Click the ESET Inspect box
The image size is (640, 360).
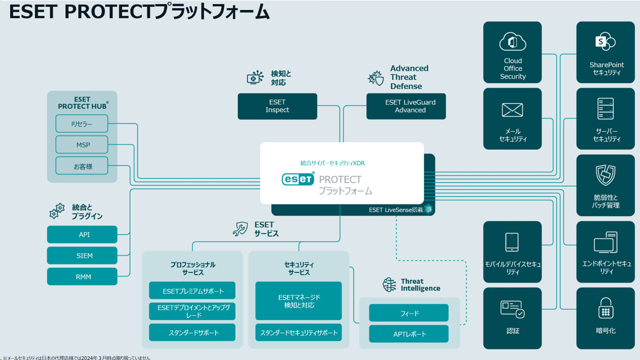[x=277, y=106]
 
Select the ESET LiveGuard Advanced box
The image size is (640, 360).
[x=406, y=106]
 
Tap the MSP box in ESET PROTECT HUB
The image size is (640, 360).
[x=82, y=145]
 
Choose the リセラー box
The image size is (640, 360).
[x=82, y=124]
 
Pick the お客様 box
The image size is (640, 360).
[x=82, y=166]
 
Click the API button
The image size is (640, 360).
[x=83, y=235]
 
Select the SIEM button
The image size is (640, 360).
[x=83, y=256]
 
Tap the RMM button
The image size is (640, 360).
[x=83, y=277]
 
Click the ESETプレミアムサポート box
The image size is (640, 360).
[x=192, y=291]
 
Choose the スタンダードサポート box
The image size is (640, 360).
[x=192, y=333]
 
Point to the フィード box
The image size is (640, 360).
[x=409, y=313]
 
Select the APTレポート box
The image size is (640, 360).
[x=409, y=334]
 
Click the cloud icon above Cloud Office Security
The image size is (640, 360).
[x=513, y=42]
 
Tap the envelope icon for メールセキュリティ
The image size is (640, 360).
[x=513, y=110]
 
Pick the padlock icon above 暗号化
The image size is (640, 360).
[x=605, y=308]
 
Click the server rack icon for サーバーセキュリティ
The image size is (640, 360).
[x=605, y=109]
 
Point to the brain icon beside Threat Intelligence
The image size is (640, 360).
[x=389, y=285]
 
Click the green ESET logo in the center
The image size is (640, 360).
[x=298, y=179]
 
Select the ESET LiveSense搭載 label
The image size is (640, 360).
[x=396, y=210]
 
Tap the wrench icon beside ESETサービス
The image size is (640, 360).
[x=240, y=229]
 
